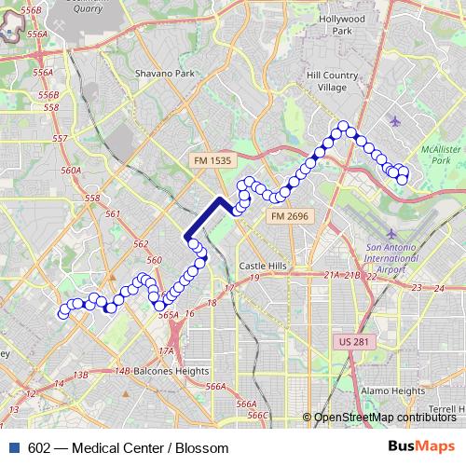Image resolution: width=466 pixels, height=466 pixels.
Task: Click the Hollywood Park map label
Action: pos(341,24)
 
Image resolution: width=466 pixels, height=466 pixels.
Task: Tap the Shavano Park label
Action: pos(164,73)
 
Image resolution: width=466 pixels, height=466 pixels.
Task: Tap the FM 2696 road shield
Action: pos(290,216)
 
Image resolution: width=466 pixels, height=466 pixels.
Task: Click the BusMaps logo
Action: pos(420,446)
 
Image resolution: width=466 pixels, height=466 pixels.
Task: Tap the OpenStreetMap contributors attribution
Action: pos(385,417)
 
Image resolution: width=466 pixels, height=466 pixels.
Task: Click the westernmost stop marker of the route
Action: pos(63,312)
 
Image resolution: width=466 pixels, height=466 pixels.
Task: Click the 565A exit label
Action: pos(168,316)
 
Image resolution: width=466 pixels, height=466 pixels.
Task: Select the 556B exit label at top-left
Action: pos(31,9)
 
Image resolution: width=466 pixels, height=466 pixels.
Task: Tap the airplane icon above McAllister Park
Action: pos(396,121)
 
